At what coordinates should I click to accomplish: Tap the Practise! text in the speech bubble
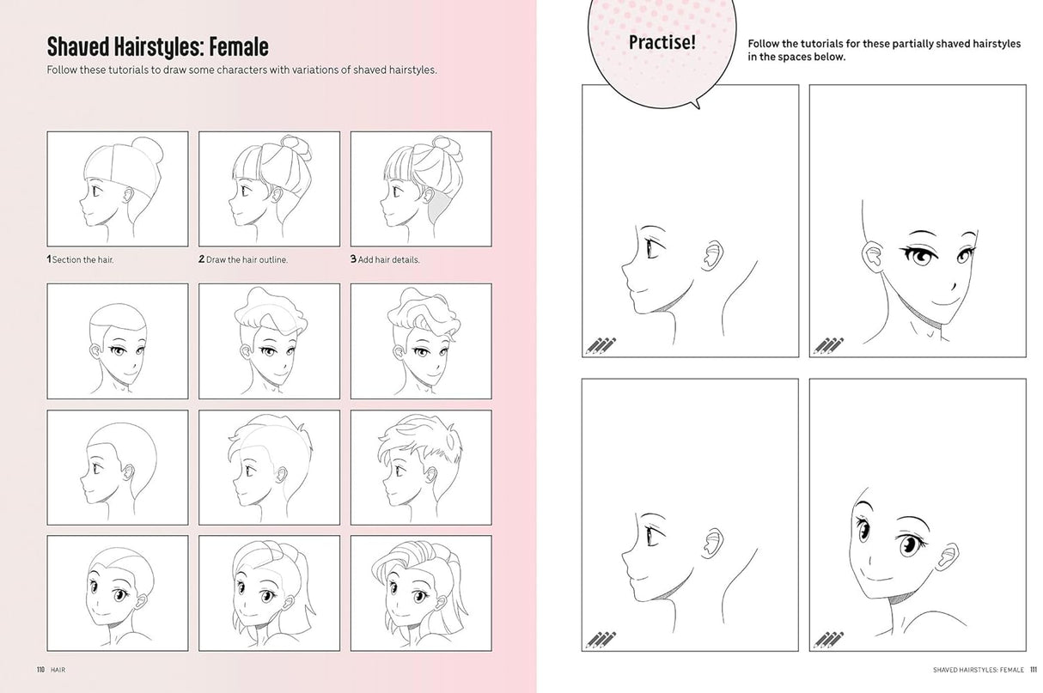tap(662, 42)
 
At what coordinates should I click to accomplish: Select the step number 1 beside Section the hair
tap(49, 259)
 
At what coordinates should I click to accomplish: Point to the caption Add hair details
tap(389, 259)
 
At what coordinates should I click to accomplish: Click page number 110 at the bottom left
tap(40, 670)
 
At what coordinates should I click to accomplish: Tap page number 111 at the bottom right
tap(1033, 670)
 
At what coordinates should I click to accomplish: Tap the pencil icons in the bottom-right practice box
tap(829, 640)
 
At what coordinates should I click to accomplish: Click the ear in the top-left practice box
tap(711, 255)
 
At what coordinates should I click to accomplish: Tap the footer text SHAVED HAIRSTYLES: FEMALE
tap(978, 670)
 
